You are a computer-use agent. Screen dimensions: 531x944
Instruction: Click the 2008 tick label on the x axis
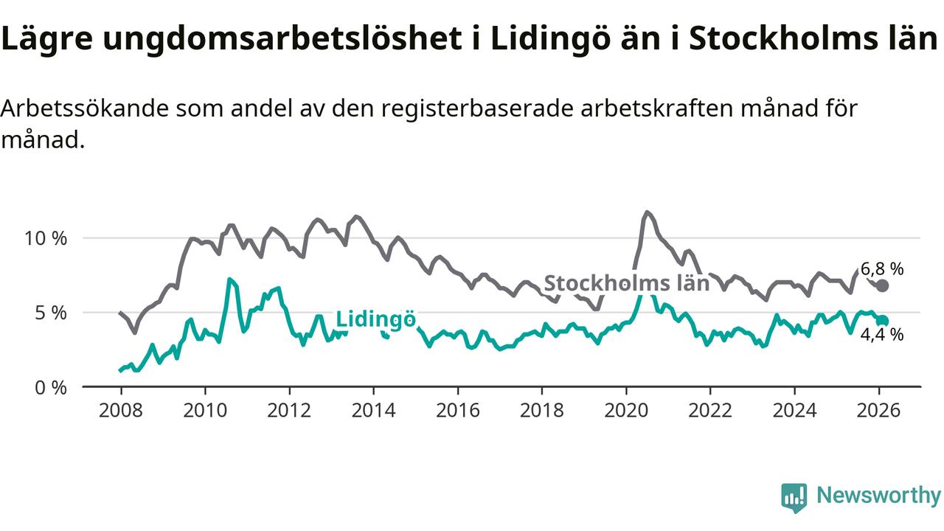pyautogui.click(x=120, y=409)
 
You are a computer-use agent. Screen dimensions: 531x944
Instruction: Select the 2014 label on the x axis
pyautogui.click(x=373, y=409)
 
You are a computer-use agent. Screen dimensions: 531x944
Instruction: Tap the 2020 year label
pyautogui.click(x=626, y=409)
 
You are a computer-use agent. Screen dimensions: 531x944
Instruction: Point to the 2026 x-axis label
pyautogui.click(x=879, y=409)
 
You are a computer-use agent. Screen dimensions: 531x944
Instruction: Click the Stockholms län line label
pyautogui.click(x=626, y=283)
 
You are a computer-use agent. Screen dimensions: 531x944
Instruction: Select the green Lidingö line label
pyautogui.click(x=375, y=319)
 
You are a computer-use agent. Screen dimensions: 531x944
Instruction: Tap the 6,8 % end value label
pyautogui.click(x=881, y=269)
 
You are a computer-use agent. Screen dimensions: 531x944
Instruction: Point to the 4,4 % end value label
pyautogui.click(x=881, y=335)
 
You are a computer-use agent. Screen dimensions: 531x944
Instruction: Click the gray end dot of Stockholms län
pyautogui.click(x=883, y=285)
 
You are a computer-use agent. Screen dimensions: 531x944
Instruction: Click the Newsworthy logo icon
pyautogui.click(x=794, y=498)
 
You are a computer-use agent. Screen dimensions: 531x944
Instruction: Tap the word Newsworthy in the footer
pyautogui.click(x=878, y=496)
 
